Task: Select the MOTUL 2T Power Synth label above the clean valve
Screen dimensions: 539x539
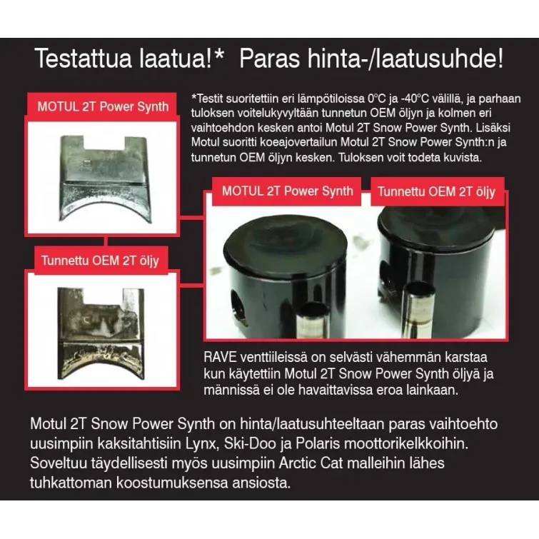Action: pos(104,107)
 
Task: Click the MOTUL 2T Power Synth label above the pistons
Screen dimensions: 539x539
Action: pos(287,191)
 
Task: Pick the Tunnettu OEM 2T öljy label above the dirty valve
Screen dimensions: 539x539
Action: pos(99,261)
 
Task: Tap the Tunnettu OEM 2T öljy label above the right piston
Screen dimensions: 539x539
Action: pos(435,191)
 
